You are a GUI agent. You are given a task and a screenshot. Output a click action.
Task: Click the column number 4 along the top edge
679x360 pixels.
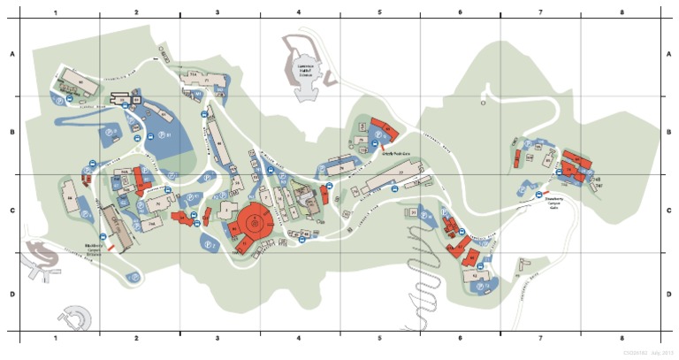click(300, 12)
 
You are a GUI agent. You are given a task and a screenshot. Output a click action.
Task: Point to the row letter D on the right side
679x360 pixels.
click(668, 294)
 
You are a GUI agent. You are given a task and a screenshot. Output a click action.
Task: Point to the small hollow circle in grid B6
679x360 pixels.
click(484, 103)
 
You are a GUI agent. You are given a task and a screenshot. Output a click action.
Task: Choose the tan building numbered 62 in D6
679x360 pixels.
click(475, 277)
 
